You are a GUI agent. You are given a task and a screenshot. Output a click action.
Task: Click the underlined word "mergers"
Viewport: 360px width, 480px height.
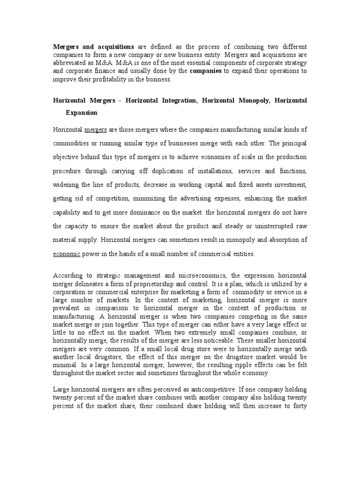(x=96, y=129)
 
